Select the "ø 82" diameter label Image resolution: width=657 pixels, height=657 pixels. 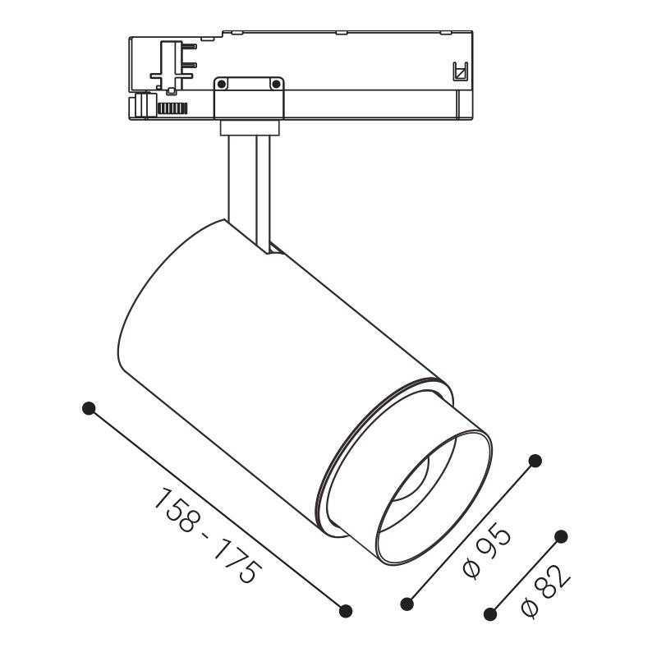click(546, 593)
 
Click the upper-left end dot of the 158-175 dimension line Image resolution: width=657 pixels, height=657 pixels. click(90, 408)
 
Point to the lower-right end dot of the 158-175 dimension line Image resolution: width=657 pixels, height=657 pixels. click(346, 610)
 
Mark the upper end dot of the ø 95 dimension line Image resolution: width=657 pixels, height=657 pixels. click(535, 461)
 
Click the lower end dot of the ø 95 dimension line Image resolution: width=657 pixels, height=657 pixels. click(407, 604)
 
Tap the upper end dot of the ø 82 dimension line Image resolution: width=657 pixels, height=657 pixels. click(562, 536)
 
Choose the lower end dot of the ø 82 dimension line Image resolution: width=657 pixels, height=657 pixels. click(491, 613)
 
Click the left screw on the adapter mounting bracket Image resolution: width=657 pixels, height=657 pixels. click(221, 84)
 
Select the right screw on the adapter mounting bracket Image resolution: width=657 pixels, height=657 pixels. click(276, 84)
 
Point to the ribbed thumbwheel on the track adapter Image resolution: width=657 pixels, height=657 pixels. click(172, 108)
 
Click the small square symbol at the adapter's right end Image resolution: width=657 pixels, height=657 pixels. click(461, 73)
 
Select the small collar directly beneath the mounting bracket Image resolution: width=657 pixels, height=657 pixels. click(249, 127)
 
